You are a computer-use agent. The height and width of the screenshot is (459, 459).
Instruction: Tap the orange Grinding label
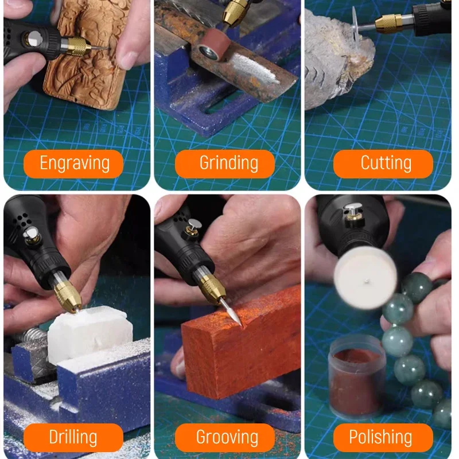(x=228, y=164)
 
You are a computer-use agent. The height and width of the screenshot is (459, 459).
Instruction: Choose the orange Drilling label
(x=73, y=437)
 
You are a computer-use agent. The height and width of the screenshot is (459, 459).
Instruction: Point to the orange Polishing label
(x=381, y=437)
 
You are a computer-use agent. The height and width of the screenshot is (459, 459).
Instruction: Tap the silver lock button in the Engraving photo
(x=35, y=38)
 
